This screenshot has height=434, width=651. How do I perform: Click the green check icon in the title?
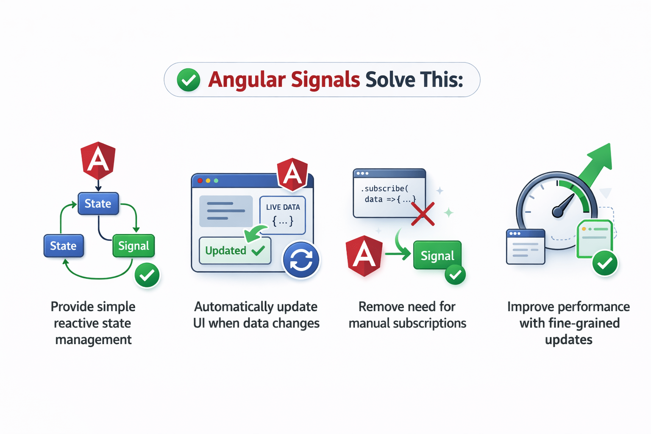(x=188, y=80)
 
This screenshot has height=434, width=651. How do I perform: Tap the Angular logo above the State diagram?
(x=98, y=161)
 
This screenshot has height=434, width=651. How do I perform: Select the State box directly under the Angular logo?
(x=98, y=203)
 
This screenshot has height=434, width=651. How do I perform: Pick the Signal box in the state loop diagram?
(x=134, y=246)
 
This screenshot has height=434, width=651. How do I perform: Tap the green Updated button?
(x=235, y=250)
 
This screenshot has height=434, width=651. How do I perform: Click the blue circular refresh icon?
(x=301, y=260)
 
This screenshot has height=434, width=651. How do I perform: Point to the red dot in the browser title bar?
(x=200, y=181)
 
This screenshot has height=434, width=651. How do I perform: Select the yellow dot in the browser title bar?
(x=208, y=181)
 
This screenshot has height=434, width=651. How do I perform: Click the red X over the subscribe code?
(x=423, y=214)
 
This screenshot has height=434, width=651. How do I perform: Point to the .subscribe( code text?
(x=384, y=189)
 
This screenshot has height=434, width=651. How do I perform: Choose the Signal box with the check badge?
(x=437, y=256)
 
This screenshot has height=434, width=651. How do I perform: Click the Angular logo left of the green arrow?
(x=364, y=256)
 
